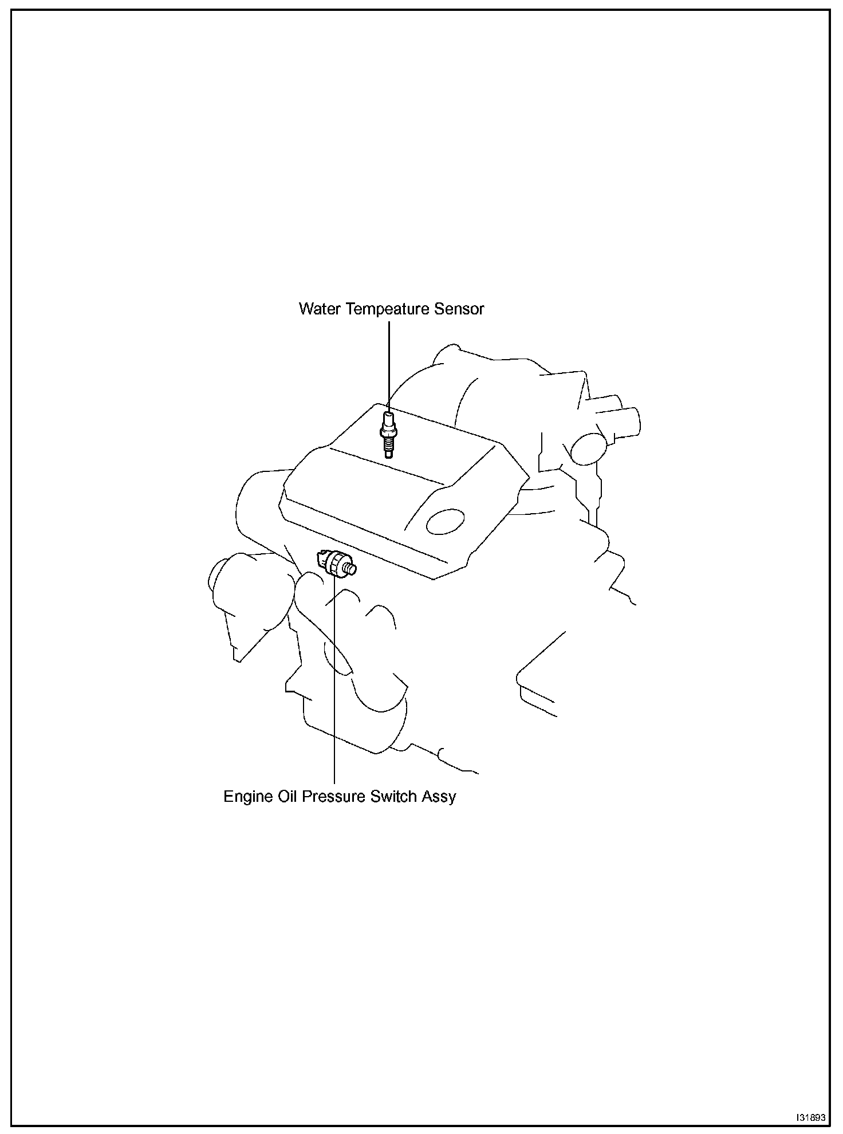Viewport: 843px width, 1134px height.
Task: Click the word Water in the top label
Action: (x=320, y=309)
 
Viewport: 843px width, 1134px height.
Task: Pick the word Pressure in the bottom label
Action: (x=333, y=797)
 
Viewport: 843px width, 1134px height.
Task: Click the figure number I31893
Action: (x=811, y=1117)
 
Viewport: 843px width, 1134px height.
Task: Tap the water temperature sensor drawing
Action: (x=388, y=432)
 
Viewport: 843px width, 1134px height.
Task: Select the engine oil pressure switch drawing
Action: (x=336, y=564)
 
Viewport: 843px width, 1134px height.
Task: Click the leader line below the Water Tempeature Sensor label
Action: (x=389, y=361)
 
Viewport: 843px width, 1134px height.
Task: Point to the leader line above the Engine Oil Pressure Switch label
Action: (x=334, y=687)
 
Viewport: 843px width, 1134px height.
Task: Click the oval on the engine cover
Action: (x=445, y=521)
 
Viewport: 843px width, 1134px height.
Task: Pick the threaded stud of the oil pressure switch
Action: (x=351, y=569)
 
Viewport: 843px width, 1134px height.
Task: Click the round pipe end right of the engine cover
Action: (x=588, y=448)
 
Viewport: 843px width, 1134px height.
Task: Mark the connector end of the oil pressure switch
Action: (x=322, y=557)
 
